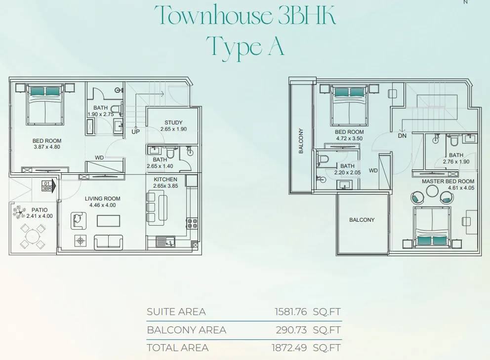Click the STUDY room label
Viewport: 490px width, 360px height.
[x=173, y=122]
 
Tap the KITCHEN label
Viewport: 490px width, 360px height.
[x=165, y=179]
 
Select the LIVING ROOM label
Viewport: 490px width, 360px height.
[x=103, y=199]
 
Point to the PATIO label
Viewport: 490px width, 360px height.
[x=40, y=210]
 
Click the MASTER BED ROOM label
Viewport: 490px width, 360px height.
[x=448, y=181]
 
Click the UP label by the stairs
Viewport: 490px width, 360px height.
[x=135, y=131]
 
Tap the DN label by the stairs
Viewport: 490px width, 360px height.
[x=402, y=136]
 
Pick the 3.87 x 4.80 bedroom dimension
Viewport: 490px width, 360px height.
[x=47, y=147]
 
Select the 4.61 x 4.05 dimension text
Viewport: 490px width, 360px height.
[x=461, y=188]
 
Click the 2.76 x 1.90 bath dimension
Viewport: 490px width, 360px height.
[x=456, y=161]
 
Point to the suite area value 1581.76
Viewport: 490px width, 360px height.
[x=290, y=312]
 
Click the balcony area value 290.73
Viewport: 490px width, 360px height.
[x=291, y=330]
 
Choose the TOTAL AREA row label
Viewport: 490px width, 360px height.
[x=177, y=348]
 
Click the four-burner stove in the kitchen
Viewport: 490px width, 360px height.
[x=192, y=223]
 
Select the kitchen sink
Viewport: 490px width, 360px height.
[x=165, y=241]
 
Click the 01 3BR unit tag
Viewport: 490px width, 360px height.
[x=47, y=186]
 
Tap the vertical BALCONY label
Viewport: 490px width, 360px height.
[x=301, y=141]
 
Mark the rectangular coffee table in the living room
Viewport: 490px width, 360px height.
[x=109, y=221]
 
